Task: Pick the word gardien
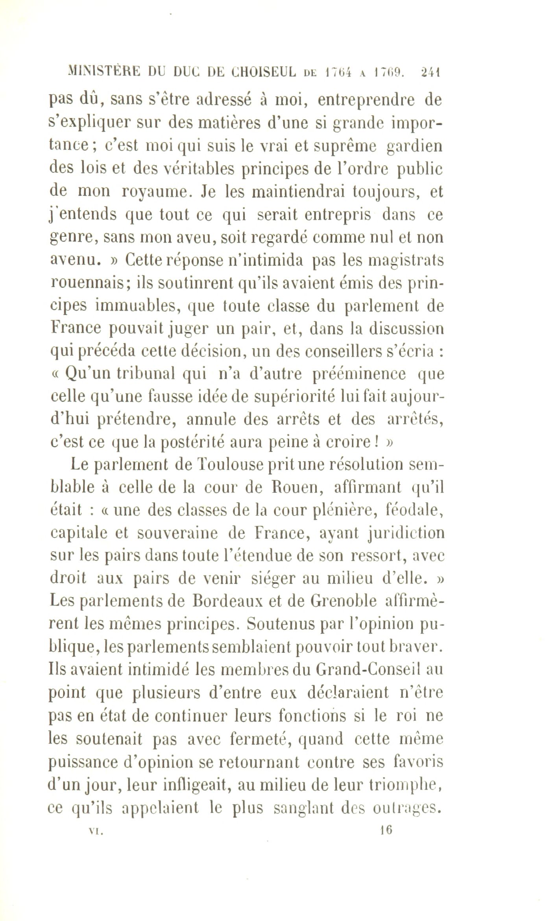pos(415,147)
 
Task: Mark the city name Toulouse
pos(230,466)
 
